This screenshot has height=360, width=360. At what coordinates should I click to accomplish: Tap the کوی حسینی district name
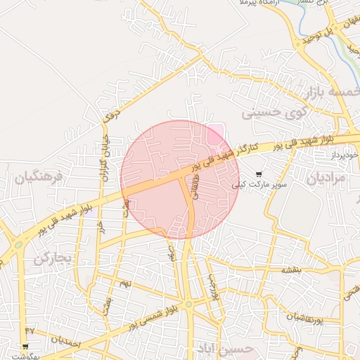(275, 111)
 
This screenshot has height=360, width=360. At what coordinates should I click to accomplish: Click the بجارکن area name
(53, 258)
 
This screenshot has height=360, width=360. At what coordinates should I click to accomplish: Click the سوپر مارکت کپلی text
(260, 185)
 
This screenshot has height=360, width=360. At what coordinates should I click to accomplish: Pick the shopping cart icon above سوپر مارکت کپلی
(259, 174)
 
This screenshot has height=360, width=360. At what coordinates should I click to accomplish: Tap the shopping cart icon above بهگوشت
(25, 347)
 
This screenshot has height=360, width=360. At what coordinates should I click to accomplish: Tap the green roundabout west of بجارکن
(19, 245)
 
